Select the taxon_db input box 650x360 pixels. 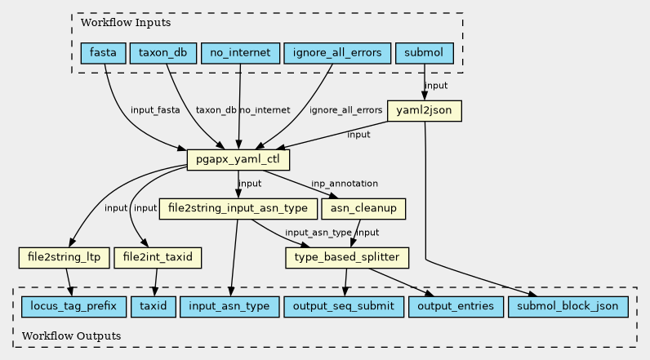pos(162,54)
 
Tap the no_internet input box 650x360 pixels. pos(240,54)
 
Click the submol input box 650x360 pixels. pos(424,54)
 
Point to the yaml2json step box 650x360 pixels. pos(425,110)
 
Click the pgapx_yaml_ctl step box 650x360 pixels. pos(238,159)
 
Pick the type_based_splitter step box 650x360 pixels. pos(346,258)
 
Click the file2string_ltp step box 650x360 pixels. pos(64,258)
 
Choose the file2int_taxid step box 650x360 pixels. pos(158,258)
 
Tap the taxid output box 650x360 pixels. pos(152,306)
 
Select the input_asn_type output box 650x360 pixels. pos(229,306)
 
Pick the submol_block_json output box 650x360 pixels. pos(568,306)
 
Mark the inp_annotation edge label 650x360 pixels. pos(345,184)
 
